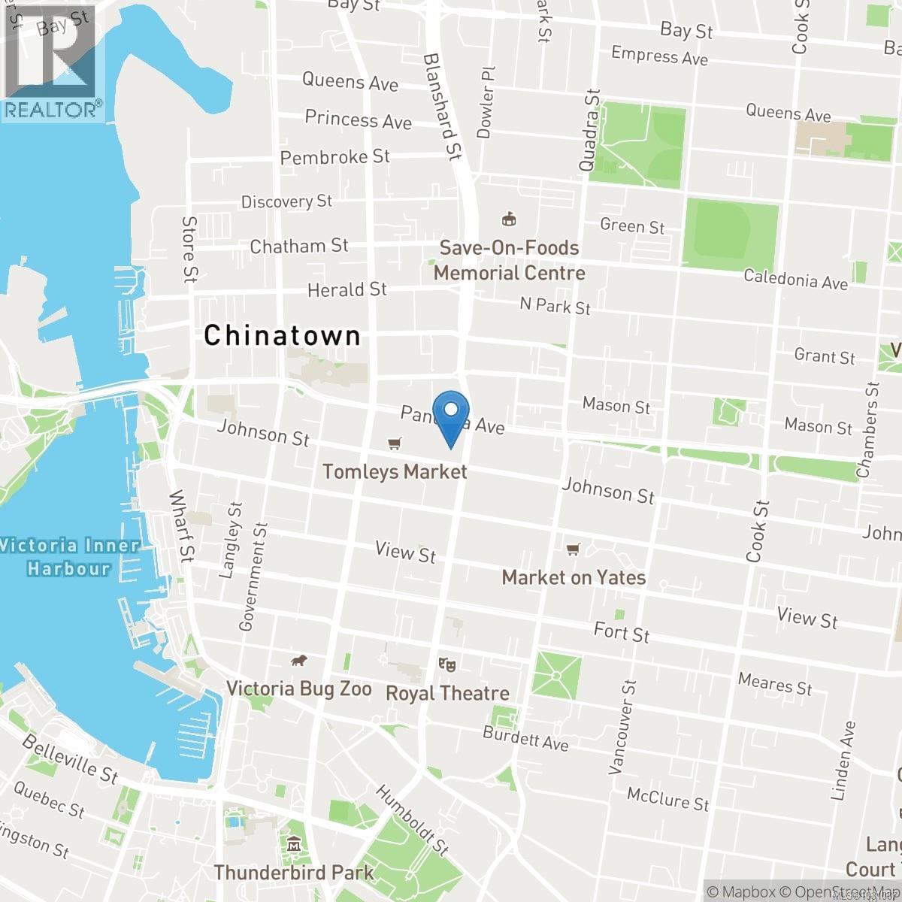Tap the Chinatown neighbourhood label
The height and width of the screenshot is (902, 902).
tap(282, 335)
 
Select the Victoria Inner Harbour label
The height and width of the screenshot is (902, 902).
tap(69, 556)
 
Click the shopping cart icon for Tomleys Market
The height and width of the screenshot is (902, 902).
tap(394, 444)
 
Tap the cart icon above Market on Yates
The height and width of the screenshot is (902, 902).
tap(574, 550)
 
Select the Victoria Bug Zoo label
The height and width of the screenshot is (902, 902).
tap(298, 689)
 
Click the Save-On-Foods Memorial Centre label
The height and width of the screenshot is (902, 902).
tap(509, 260)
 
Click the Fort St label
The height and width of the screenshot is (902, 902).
tap(622, 631)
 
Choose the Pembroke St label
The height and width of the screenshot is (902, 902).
tap(334, 157)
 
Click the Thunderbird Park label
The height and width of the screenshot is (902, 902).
tap(294, 873)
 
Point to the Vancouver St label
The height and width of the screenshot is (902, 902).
tap(622, 727)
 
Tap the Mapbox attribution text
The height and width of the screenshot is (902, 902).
tap(741, 892)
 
